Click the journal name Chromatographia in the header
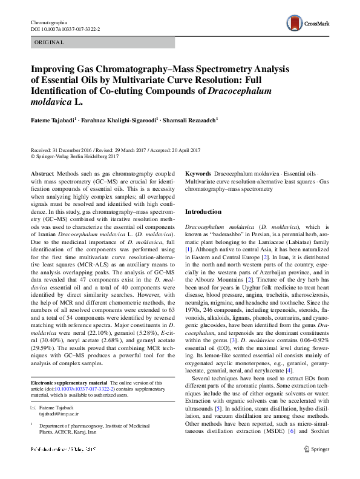pos(48,22)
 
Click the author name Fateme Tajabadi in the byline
pos(55,121)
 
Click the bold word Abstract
pos(41,174)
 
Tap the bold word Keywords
pos(198,174)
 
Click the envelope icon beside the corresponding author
pos(33,410)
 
